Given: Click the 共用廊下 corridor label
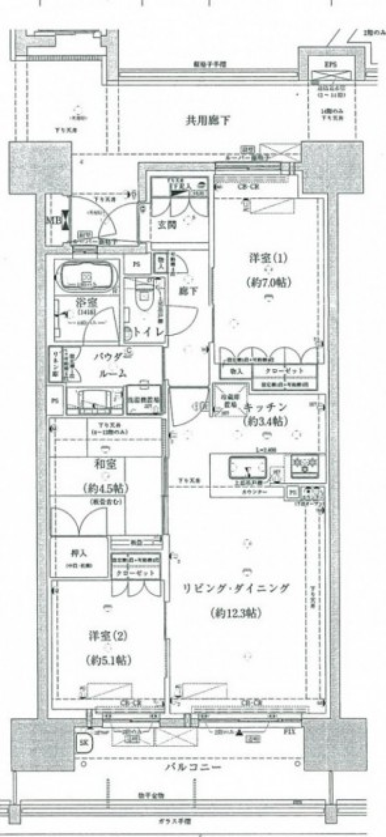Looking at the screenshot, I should [x=208, y=120].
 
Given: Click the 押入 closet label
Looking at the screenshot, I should [x=79, y=553].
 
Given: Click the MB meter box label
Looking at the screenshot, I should [x=52, y=221].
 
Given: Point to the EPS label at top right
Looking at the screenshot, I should [x=331, y=64].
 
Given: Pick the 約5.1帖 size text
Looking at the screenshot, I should [x=108, y=660].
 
